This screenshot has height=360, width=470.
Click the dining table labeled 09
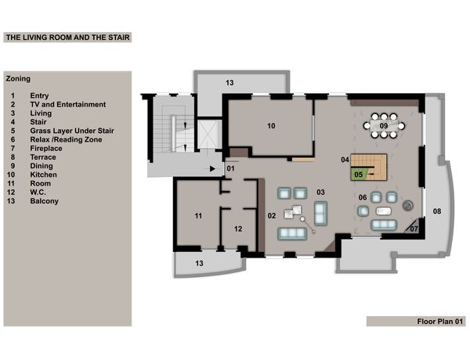(x=384, y=126)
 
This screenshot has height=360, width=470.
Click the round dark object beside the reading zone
(x=407, y=206)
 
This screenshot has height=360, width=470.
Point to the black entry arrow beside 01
(x=212, y=169)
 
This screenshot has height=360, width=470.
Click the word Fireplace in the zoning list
(x=46, y=149)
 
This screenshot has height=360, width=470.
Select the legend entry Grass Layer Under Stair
(x=72, y=131)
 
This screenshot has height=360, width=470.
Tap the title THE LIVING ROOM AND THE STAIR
(x=68, y=38)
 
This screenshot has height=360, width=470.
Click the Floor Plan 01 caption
(x=440, y=322)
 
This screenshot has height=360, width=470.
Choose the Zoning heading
(x=18, y=79)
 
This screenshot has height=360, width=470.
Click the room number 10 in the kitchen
(x=271, y=126)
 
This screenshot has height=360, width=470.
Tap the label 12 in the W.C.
(x=238, y=229)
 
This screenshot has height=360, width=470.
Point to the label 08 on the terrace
(x=437, y=211)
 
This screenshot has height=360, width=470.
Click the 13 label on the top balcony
(x=230, y=83)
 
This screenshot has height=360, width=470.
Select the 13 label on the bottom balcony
(x=199, y=264)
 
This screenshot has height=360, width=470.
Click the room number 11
(x=198, y=216)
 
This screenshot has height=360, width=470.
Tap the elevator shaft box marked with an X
(x=209, y=134)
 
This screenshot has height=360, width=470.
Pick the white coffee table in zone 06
(x=384, y=211)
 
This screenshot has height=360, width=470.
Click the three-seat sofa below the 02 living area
(x=292, y=234)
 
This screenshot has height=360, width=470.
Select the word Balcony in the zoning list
(x=45, y=201)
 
